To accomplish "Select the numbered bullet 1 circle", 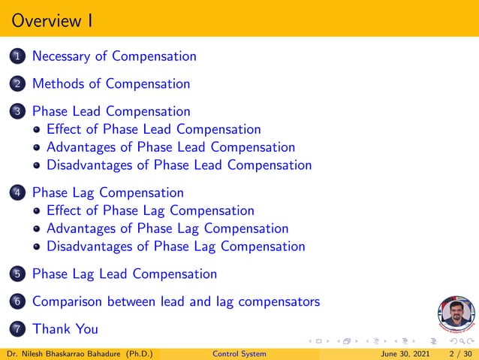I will (x=18, y=56).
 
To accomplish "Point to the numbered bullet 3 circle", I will (x=18, y=112).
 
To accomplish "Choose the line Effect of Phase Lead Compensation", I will (x=153, y=129).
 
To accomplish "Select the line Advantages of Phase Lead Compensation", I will (x=170, y=147).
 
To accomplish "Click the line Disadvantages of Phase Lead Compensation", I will (x=179, y=165).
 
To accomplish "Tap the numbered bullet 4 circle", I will (x=18, y=193).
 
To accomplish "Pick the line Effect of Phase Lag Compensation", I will (x=150, y=210).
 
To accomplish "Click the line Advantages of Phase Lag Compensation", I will (x=167, y=228).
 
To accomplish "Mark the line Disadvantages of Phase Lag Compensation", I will (x=176, y=246).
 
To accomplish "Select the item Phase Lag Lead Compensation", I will (x=125, y=274).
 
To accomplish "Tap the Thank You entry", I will (x=65, y=329).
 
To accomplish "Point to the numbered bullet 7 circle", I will (x=18, y=329).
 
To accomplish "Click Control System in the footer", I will (x=239, y=354).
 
